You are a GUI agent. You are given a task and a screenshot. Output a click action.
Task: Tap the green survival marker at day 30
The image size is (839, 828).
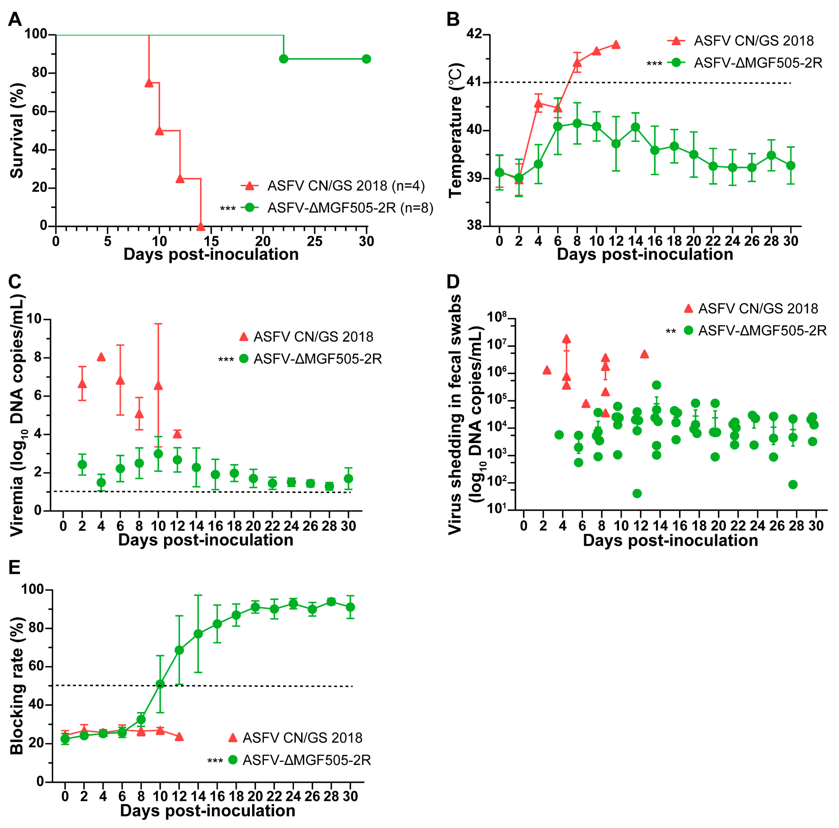click(366, 59)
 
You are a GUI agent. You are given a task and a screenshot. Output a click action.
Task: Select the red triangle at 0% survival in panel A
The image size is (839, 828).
click(200, 226)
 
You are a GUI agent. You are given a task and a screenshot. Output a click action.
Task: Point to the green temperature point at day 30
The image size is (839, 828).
click(791, 165)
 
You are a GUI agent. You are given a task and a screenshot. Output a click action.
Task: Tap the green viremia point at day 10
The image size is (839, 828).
click(159, 454)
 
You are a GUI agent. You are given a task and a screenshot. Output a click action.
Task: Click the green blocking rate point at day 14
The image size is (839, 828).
click(198, 634)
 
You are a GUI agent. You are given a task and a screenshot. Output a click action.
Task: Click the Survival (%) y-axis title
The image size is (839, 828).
click(16, 130)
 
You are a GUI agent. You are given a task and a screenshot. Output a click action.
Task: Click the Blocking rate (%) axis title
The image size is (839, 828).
click(16, 686)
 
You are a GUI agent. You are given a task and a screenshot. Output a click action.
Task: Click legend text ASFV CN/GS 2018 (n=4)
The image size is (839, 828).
click(346, 186)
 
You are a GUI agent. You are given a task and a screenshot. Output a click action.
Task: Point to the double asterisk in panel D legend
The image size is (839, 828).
click(671, 332)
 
